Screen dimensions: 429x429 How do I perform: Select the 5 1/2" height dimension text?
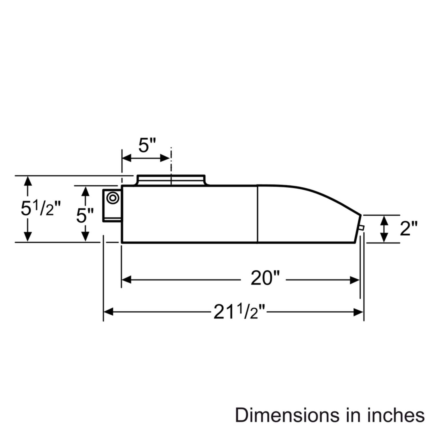click(41, 208)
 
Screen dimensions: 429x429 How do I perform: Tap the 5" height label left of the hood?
click(85, 215)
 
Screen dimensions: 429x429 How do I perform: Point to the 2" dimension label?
click(408, 228)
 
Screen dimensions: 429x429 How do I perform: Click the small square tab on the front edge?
click(361, 228)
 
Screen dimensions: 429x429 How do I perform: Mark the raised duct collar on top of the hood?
click(171, 180)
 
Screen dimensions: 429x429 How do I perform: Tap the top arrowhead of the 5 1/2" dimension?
click(27, 181)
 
